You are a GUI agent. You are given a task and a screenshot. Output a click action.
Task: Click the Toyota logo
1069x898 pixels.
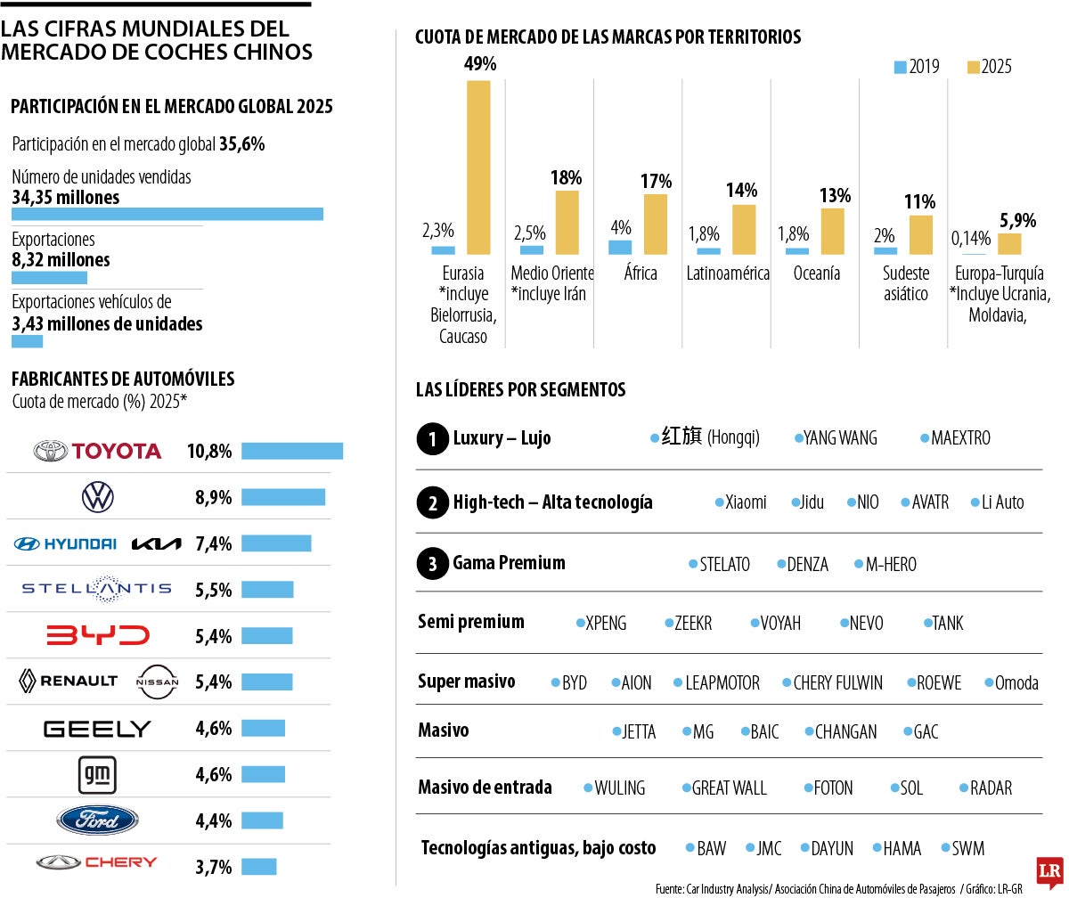pos(97,451)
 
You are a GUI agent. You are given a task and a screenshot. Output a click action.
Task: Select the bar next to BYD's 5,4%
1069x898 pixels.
pos(266,636)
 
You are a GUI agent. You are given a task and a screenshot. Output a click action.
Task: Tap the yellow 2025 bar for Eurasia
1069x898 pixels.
pos(478,167)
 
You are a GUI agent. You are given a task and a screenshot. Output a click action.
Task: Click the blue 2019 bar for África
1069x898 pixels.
pos(620,248)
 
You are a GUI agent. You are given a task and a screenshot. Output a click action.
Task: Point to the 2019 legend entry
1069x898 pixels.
pos(916,67)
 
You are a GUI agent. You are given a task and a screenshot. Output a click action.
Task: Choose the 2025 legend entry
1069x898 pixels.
pos(989,67)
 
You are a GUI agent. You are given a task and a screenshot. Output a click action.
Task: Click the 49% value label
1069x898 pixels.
pos(479,63)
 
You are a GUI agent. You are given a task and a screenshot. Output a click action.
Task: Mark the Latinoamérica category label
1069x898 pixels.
pos(727,273)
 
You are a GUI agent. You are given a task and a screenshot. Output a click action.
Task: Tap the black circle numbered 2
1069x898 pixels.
pos(432,502)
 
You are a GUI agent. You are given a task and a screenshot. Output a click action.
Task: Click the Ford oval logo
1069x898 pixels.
pos(97,820)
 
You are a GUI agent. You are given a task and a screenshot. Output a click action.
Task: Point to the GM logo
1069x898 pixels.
pos(97,773)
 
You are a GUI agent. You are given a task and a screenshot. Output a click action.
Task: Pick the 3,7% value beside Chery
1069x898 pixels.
pos(213,867)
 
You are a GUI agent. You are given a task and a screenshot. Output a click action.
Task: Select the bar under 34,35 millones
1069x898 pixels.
pos(167,214)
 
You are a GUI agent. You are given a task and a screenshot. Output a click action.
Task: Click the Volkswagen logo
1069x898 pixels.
pos(97,497)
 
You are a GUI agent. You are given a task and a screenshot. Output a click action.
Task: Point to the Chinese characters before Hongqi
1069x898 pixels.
pos(681,437)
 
